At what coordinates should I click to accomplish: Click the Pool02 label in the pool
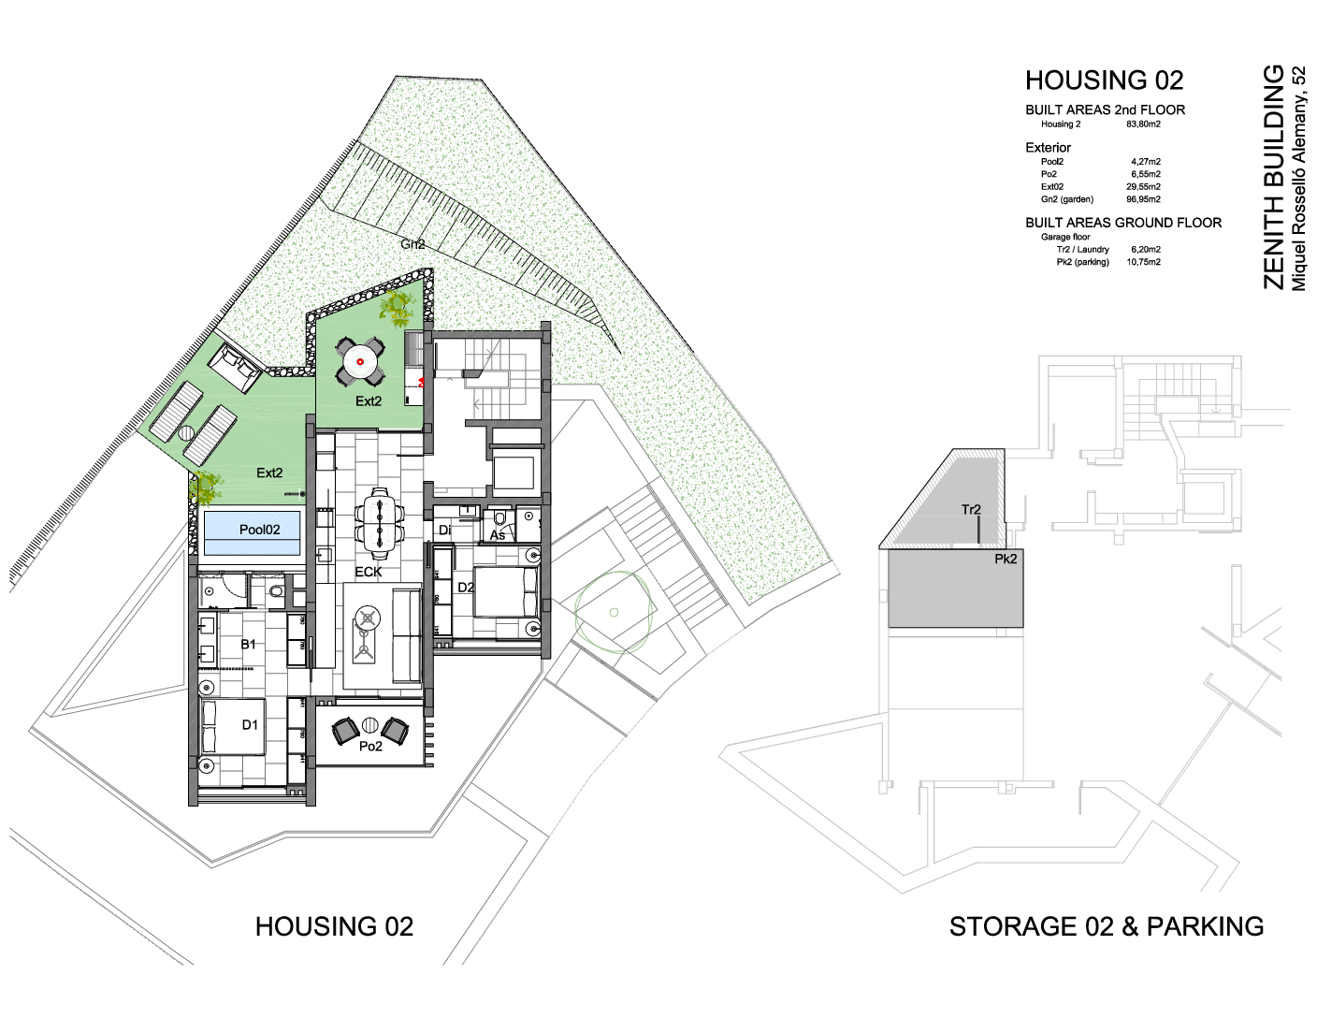click(x=259, y=530)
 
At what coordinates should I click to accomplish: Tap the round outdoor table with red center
click(x=360, y=362)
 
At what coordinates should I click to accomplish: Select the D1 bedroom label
click(x=250, y=724)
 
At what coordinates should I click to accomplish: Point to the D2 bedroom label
click(x=466, y=587)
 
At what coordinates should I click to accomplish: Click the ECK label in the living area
click(x=369, y=572)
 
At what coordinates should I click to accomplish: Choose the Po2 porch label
click(x=370, y=747)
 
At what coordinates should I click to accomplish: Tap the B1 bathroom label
click(x=249, y=644)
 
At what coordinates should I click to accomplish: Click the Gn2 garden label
click(x=412, y=244)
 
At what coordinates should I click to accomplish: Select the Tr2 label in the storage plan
click(x=971, y=509)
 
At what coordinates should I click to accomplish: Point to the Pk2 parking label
click(x=1006, y=559)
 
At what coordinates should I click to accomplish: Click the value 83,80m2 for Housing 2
click(x=1143, y=124)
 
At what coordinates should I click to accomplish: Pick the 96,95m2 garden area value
click(x=1143, y=199)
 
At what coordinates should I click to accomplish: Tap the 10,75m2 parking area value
click(x=1143, y=262)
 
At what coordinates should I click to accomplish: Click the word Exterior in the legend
click(x=1048, y=147)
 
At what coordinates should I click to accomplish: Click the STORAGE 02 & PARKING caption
click(x=1107, y=926)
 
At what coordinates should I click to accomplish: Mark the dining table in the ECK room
click(x=380, y=523)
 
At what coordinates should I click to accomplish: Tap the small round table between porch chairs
click(x=369, y=724)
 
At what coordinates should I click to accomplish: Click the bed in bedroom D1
click(x=233, y=727)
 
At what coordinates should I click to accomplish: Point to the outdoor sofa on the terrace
click(x=235, y=368)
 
